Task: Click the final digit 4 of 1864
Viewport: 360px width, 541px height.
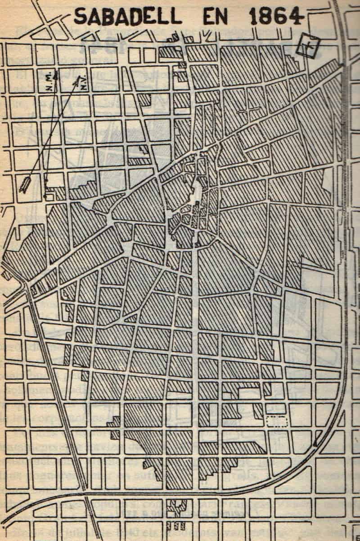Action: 294,17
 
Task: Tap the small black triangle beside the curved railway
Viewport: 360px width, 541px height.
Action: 318,443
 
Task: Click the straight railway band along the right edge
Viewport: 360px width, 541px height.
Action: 345,180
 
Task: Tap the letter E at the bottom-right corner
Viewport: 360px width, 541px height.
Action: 356,536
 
